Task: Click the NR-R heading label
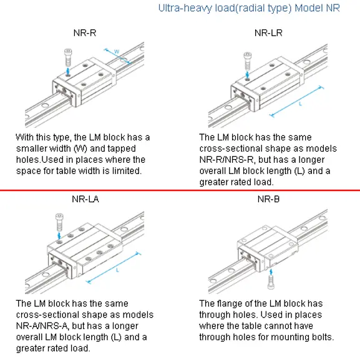pos(85,33)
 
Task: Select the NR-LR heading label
pos(268,33)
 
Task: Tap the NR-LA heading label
pos(85,199)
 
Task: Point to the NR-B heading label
pos(268,199)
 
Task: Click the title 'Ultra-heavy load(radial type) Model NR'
pos(249,8)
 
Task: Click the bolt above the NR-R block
pos(68,57)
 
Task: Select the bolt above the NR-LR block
pos(247,61)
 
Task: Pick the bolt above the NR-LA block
pos(59,222)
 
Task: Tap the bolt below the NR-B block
pos(271,282)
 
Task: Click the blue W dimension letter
pos(117,51)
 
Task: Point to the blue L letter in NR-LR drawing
pos(300,104)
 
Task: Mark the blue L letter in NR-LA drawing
pos(117,270)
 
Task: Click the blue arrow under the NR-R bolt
pos(68,71)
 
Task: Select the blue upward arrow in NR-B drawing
pos(271,272)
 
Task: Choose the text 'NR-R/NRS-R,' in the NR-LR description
pos(227,160)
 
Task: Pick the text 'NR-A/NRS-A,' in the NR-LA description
pos(44,326)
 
